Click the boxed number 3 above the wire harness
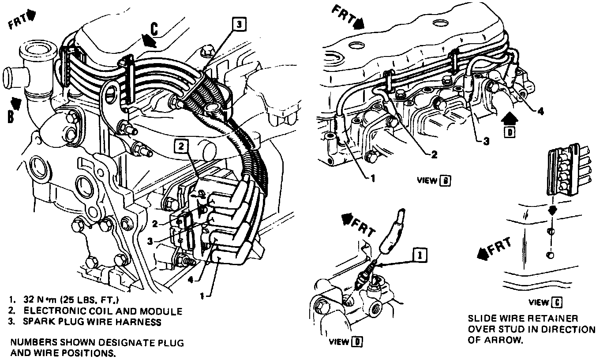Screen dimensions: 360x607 pyautogui.click(x=238, y=26)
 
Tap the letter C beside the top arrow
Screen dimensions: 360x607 pyautogui.click(x=154, y=29)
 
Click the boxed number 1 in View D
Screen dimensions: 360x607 pyautogui.click(x=419, y=254)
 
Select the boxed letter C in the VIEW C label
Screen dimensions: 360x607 pyautogui.click(x=558, y=302)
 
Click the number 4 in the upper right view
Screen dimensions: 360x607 pyautogui.click(x=540, y=112)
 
